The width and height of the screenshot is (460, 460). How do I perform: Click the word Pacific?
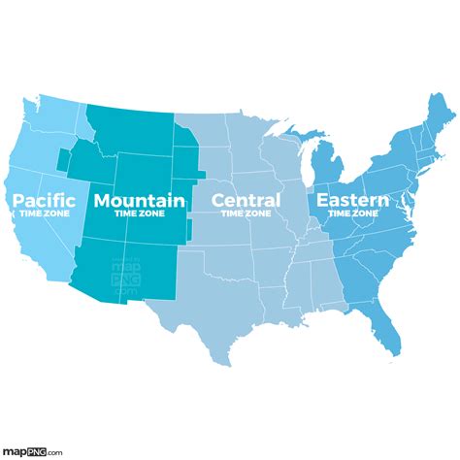[44, 201]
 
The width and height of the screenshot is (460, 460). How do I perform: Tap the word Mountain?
[139, 201]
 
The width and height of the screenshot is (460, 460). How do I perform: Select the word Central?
[246, 201]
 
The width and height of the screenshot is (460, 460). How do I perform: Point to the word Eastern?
[350, 201]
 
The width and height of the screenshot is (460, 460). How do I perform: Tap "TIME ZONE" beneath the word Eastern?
[350, 214]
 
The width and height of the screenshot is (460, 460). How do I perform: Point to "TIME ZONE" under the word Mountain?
[139, 214]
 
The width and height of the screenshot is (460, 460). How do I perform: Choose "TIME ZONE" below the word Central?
[246, 214]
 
